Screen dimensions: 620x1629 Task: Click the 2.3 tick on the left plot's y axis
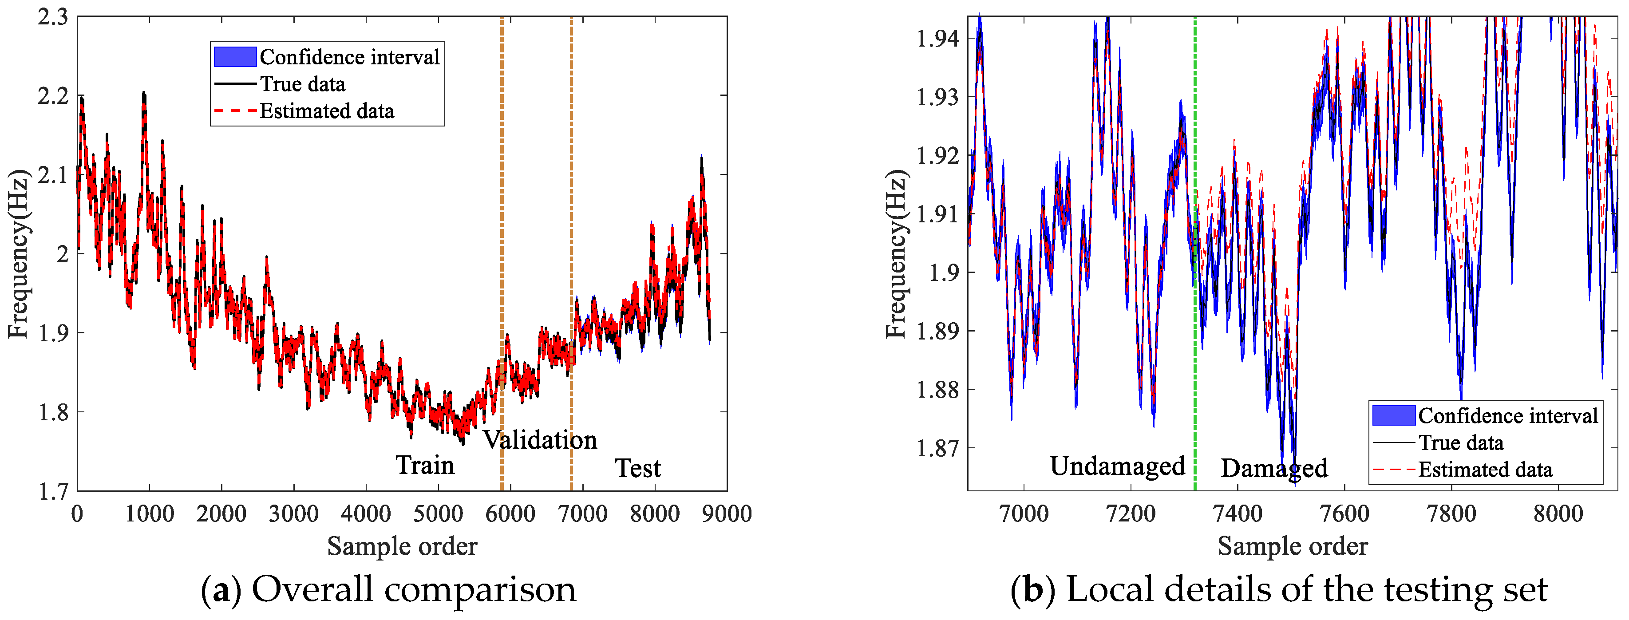click(53, 17)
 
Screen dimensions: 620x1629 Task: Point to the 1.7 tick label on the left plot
click(53, 491)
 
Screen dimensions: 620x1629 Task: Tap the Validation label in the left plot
click(540, 440)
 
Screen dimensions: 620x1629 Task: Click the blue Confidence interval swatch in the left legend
click(235, 57)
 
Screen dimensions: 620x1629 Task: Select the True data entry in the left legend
click(302, 84)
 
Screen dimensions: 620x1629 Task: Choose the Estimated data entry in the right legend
click(1485, 470)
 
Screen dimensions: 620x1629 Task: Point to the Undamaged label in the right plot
click(1117, 466)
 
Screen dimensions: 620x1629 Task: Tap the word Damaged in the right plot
click(1273, 468)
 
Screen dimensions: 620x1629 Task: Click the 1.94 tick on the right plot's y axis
click(938, 39)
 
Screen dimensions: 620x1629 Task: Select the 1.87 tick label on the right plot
click(938, 448)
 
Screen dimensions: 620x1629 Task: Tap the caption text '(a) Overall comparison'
click(388, 590)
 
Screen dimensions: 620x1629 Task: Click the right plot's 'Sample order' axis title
click(1293, 546)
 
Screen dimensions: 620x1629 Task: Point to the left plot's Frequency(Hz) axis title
click(19, 253)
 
